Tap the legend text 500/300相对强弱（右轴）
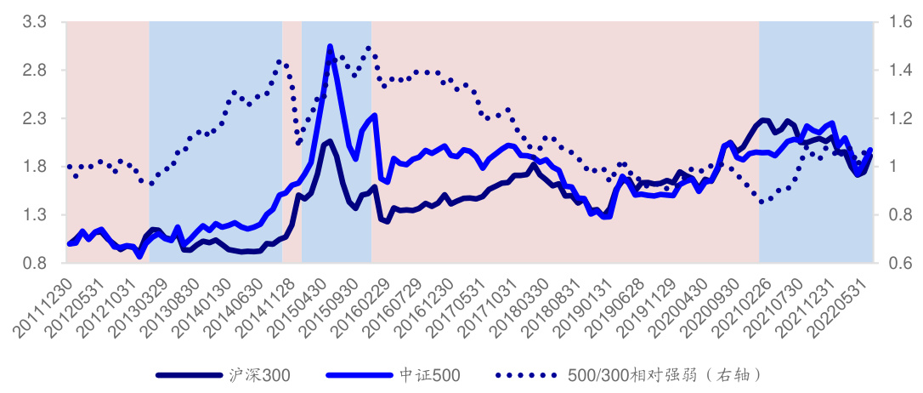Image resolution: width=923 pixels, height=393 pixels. coord(662,374)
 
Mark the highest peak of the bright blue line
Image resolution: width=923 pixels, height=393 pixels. coord(330,48)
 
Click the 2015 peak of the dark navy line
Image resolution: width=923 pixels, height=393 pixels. coord(329,141)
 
